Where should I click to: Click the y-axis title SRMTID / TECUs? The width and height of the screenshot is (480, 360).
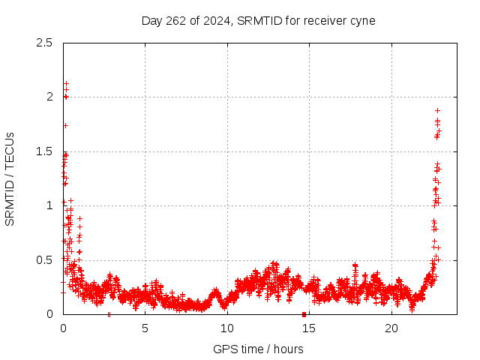tap(10, 178)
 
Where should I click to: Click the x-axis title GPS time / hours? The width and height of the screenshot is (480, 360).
tap(258, 349)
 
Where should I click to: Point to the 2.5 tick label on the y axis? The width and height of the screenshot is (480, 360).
tap(46, 43)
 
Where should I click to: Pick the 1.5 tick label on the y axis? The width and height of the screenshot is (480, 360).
tap(46, 151)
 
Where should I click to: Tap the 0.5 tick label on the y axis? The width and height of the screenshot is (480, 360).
tap(46, 259)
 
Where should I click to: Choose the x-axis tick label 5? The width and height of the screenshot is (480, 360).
tap(145, 328)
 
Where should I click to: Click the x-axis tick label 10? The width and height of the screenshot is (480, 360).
tap(226, 328)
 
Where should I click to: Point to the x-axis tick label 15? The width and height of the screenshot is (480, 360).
tap(309, 328)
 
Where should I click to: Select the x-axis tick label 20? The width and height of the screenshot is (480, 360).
tap(391, 328)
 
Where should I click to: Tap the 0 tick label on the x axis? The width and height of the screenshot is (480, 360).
tap(63, 328)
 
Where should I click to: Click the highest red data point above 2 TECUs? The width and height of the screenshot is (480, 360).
tap(66, 83)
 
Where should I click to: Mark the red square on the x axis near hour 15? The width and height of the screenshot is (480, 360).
tap(304, 313)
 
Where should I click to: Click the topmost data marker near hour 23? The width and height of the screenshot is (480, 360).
tap(437, 110)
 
